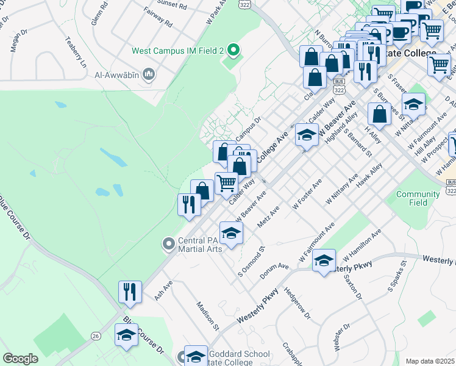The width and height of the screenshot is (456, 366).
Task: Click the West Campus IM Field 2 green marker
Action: pos(232,49)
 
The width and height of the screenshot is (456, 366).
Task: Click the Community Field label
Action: pos(418,198)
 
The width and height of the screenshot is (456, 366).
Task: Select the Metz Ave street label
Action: pos(268,217)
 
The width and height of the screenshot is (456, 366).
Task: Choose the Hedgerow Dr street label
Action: pos(297,303)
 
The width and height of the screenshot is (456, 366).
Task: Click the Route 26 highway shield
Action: pos(96,335)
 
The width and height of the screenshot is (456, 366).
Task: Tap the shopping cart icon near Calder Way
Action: pos(226,182)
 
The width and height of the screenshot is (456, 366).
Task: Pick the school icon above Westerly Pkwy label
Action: pos(324,260)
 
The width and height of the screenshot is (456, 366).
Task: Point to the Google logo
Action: pos(20,359)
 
